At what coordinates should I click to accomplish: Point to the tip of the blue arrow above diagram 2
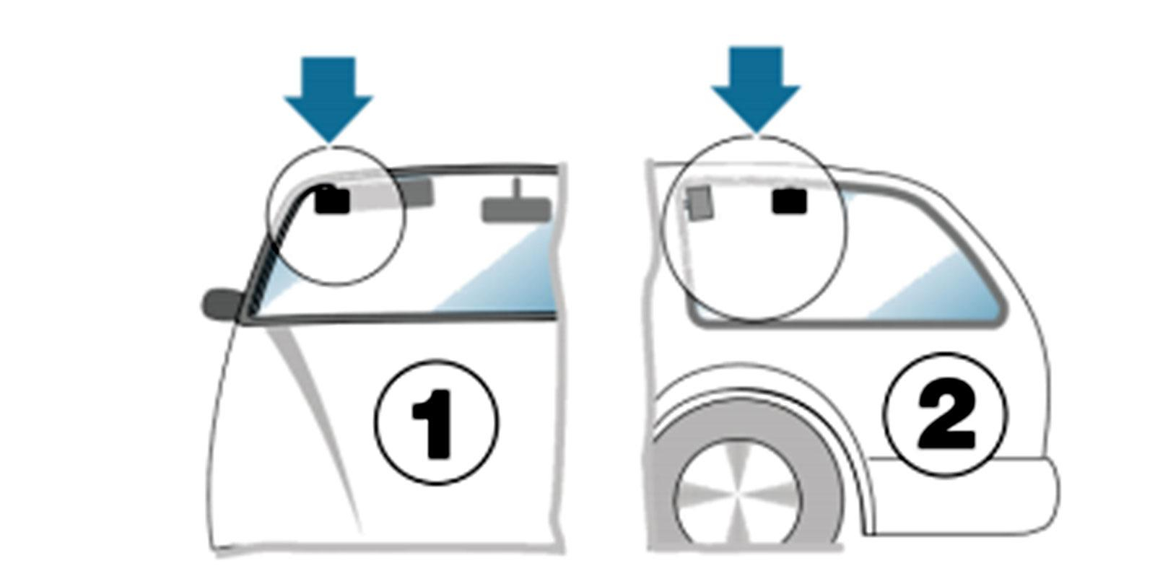tap(756, 133)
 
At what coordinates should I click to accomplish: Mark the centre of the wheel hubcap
tap(737, 494)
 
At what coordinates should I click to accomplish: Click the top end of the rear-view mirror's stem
tap(518, 180)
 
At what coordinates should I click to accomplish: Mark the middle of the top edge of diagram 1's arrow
tap(328, 58)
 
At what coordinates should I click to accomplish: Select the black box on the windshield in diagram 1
tap(333, 200)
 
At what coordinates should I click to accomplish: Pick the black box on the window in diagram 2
tap(790, 201)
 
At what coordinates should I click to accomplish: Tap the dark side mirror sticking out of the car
tap(221, 305)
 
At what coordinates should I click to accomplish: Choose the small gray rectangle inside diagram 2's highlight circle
tap(699, 203)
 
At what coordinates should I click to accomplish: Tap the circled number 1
tap(436, 422)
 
